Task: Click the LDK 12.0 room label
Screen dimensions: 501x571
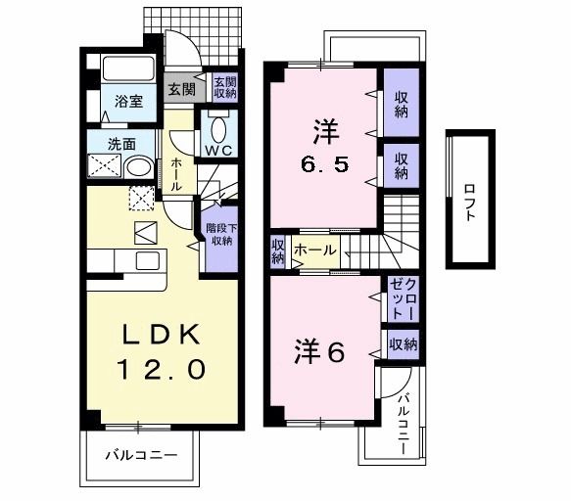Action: click(x=163, y=352)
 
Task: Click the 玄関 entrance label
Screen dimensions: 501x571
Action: click(x=181, y=89)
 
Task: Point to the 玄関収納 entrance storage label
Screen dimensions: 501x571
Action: click(x=224, y=88)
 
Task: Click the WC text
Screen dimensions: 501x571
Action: click(x=218, y=149)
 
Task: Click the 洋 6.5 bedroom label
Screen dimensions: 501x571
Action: click(x=322, y=145)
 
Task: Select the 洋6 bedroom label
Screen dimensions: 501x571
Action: click(x=319, y=352)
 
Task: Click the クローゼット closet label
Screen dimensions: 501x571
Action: click(x=403, y=298)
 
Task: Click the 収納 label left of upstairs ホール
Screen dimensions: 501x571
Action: click(x=277, y=251)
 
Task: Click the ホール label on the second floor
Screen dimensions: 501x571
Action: click(x=314, y=250)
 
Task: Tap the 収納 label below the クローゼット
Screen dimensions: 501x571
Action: click(x=403, y=343)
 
